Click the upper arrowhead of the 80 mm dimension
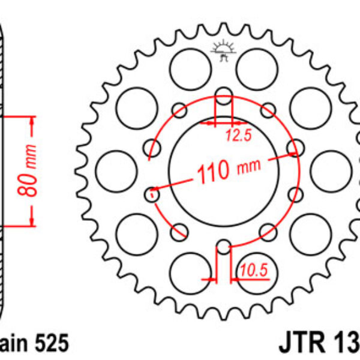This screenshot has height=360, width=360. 31,120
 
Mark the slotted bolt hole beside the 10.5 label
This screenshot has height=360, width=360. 223,247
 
